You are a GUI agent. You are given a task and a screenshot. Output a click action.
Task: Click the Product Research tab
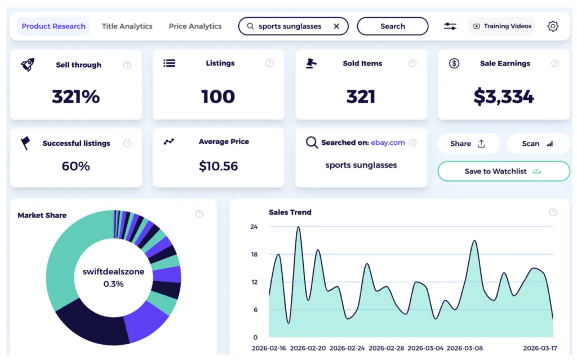(x=54, y=26)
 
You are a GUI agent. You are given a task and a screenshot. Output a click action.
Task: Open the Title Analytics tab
(x=127, y=26)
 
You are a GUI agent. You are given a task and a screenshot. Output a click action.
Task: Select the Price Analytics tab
(x=195, y=26)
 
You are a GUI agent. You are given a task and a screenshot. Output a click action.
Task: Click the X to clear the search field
(x=336, y=26)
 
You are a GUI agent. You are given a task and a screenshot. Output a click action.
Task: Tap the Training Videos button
(x=501, y=26)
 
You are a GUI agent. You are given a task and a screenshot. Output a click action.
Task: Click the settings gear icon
(x=553, y=26)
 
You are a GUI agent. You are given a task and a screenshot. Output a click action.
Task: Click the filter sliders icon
(x=450, y=26)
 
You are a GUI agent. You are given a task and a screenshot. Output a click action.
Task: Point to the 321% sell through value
(x=76, y=96)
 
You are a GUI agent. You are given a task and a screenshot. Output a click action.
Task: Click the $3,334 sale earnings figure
(x=503, y=96)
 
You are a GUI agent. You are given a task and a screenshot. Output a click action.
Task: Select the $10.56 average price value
(x=218, y=166)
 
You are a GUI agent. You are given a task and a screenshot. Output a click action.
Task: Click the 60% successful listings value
(x=76, y=166)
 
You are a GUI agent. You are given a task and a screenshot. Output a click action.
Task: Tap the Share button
(x=468, y=144)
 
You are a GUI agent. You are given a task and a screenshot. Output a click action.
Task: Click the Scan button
(x=538, y=144)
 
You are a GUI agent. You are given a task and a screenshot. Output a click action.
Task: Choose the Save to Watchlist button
(x=503, y=171)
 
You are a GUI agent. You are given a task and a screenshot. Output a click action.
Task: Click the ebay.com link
(x=388, y=143)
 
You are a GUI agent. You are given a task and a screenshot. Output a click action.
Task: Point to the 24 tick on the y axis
(x=254, y=227)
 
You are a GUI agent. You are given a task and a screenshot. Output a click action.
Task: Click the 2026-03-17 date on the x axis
(x=540, y=348)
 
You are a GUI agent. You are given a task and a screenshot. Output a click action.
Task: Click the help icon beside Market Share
(x=199, y=214)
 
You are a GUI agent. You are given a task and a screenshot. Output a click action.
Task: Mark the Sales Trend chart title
(x=290, y=212)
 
